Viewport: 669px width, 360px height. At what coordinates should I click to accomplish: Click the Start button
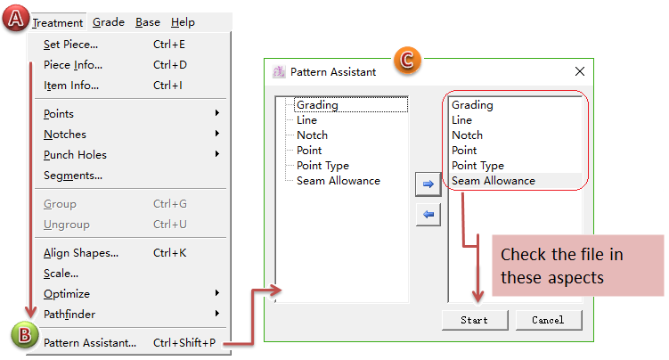(x=474, y=320)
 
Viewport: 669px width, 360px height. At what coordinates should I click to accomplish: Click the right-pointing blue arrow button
(x=428, y=184)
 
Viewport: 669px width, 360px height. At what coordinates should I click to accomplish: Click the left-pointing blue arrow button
(x=428, y=214)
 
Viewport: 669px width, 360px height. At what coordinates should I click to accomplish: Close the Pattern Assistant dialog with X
(x=579, y=71)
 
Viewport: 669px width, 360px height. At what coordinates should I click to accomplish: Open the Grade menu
(x=108, y=22)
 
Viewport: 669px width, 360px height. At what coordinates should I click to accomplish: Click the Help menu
(x=183, y=22)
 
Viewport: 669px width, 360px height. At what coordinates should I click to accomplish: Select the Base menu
(x=148, y=22)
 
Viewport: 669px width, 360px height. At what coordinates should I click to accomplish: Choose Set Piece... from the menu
(x=71, y=45)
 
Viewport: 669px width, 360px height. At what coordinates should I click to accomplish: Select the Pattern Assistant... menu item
(x=90, y=342)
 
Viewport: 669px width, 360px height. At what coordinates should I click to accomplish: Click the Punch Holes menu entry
(x=75, y=155)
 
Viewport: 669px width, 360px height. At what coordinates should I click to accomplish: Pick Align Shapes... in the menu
(x=81, y=253)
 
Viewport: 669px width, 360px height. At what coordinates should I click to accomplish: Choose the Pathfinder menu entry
(x=69, y=314)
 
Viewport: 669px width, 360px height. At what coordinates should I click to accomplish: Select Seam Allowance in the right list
(x=494, y=181)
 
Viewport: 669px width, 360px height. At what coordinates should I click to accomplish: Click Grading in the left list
(x=317, y=105)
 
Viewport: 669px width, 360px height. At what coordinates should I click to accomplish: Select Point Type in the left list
(x=322, y=166)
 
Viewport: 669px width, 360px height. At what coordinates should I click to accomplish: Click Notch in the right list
(x=467, y=135)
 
